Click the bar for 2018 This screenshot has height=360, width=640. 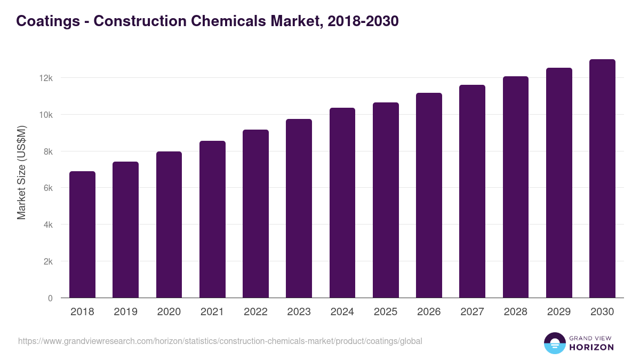[x=82, y=235]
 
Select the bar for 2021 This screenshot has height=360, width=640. [x=212, y=219]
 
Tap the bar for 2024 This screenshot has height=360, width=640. [x=342, y=203]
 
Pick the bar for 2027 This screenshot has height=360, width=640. [x=472, y=191]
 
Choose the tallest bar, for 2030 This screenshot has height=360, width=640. [x=602, y=179]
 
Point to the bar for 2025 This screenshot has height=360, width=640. [x=386, y=200]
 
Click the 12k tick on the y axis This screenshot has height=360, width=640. [x=46, y=78]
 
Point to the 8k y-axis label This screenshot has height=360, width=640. [x=47, y=151]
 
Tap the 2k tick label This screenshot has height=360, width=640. [x=47, y=262]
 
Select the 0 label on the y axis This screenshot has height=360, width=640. [x=50, y=299]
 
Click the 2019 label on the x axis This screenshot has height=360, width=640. [x=125, y=312]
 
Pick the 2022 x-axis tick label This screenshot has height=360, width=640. [x=255, y=312]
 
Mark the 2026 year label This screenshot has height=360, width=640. [x=429, y=312]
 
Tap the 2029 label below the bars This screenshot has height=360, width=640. [x=559, y=312]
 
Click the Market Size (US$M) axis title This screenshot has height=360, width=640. [x=21, y=172]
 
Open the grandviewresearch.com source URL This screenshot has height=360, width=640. [x=220, y=341]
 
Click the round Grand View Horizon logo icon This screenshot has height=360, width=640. [x=554, y=343]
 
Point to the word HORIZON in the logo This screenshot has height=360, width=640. [x=591, y=347]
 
